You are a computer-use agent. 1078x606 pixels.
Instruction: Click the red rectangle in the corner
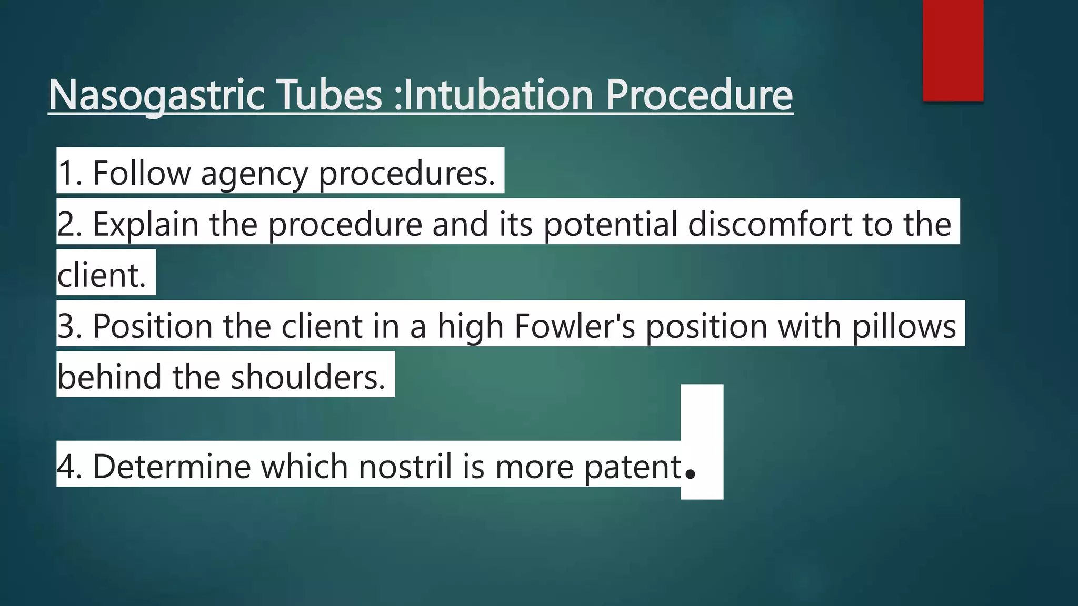click(953, 50)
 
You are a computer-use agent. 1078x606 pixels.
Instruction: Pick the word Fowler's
click(575, 326)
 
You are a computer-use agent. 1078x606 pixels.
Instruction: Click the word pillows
click(904, 326)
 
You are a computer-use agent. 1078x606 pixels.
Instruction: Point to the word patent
click(633, 466)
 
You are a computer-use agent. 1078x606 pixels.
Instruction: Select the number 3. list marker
click(70, 326)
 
